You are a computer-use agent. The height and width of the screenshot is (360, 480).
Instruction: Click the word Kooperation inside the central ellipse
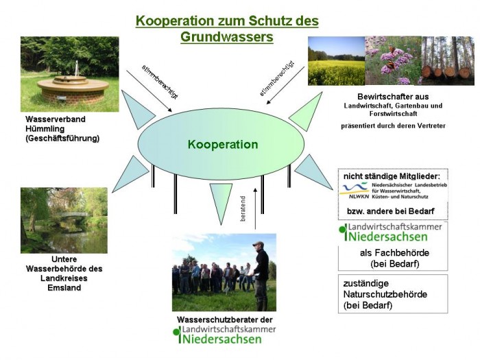click(223, 145)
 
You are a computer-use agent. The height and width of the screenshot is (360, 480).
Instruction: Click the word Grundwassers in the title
click(226, 37)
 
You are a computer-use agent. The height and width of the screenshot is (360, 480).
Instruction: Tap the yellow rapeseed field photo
click(336, 61)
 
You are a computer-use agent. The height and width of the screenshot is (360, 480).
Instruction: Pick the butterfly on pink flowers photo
click(393, 61)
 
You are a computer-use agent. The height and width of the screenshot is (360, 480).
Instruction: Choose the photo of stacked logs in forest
click(448, 61)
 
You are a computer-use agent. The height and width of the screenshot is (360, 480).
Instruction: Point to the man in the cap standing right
click(260, 274)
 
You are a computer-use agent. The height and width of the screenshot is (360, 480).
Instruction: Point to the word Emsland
click(64, 287)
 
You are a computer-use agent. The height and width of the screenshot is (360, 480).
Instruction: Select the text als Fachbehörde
click(389, 253)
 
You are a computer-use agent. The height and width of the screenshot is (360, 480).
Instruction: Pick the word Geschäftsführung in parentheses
click(62, 138)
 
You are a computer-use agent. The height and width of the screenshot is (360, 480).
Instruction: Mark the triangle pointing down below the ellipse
click(221, 201)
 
